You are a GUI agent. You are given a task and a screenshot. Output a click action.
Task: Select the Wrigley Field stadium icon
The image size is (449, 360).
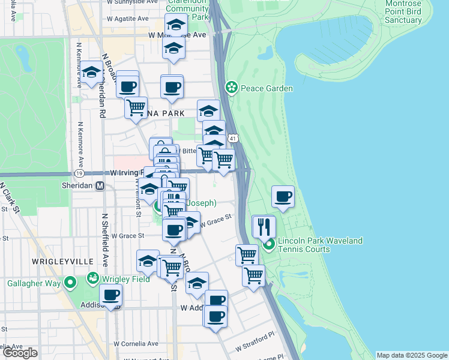click(x=94, y=278)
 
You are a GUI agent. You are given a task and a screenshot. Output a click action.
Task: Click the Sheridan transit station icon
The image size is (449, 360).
click(x=100, y=186)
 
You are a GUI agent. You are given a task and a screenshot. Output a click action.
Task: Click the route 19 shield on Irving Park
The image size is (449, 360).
click(x=79, y=173)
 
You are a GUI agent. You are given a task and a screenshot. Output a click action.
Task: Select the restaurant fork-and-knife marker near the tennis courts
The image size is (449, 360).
click(x=264, y=227)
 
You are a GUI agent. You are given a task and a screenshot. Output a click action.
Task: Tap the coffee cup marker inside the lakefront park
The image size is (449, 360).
click(x=283, y=196)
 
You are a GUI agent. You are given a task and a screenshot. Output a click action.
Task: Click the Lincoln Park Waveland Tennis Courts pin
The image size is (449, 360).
click(x=270, y=245)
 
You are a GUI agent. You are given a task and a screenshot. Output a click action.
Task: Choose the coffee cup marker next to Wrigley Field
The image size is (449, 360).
click(x=110, y=296)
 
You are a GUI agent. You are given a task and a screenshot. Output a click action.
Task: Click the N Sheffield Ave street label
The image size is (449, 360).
click(x=104, y=240)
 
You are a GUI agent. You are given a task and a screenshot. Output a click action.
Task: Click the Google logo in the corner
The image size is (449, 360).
click(x=20, y=353)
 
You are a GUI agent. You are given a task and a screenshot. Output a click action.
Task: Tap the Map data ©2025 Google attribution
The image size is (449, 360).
click(x=412, y=355)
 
